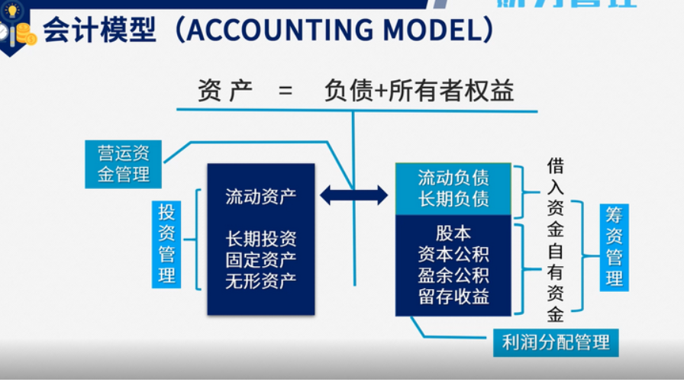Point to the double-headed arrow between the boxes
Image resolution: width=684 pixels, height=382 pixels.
[353, 195]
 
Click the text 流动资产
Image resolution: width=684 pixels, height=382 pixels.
[260, 196]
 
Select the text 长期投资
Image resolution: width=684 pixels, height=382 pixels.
[260, 239]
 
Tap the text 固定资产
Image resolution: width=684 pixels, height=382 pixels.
[260, 260]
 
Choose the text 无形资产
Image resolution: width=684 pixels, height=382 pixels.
[260, 281]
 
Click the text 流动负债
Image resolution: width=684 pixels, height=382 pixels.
[453, 178]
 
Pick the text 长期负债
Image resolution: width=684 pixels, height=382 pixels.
[453, 199]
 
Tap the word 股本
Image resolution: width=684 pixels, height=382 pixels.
[453, 233]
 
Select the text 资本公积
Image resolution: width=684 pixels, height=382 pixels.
[453, 254]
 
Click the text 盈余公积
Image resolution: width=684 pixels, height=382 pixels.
[453, 274]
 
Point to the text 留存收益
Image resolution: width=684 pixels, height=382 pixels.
[453, 296]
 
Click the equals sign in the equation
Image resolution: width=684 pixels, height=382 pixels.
[286, 92]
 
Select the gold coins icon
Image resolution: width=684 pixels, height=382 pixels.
[25, 33]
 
